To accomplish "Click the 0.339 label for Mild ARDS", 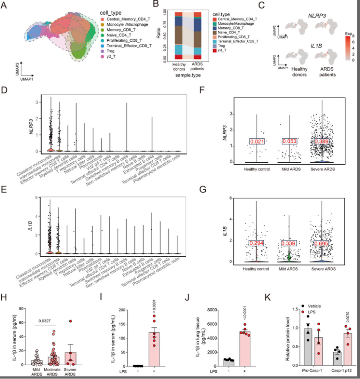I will pyautogui.click(x=290, y=244).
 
